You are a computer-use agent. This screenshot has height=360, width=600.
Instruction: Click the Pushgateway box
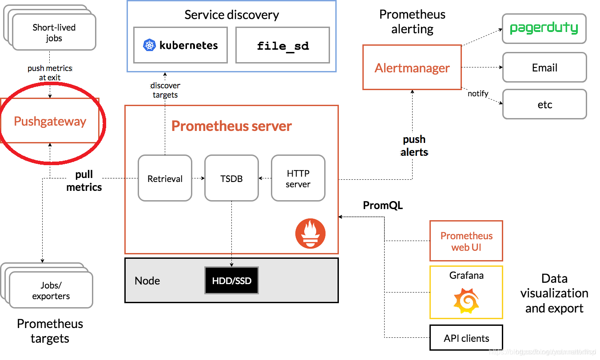coord(50,121)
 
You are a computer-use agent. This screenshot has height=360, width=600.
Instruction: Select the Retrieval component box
coord(165,178)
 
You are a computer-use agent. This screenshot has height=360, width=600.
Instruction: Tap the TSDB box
coord(231,178)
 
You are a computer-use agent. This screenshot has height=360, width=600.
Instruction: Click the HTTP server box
coord(298,178)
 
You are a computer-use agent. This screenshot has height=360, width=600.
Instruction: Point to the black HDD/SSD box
coord(231,281)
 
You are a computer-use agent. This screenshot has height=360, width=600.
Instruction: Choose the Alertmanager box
coord(412,67)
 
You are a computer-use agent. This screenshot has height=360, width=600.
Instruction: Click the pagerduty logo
coord(544,28)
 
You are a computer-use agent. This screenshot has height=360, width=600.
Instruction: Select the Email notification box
coord(544,67)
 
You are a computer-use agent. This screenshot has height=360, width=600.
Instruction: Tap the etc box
coord(544,105)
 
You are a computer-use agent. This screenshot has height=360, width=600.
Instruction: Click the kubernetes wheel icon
coord(149,45)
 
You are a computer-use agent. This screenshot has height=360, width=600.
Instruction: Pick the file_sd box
coord(282,45)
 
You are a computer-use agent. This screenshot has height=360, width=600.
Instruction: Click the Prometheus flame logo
coord(310,233)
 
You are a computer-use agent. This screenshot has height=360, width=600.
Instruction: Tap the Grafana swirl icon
coord(466,300)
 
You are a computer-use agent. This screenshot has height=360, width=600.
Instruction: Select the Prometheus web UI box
coord(466,241)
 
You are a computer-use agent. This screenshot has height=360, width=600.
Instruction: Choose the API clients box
coord(466,338)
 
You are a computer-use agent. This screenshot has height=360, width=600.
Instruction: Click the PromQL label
coord(383,206)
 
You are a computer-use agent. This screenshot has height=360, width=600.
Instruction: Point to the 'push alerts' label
coord(414,146)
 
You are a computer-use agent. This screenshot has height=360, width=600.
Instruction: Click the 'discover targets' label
coord(165,90)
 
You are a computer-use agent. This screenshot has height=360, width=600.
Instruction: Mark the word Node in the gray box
coord(147,281)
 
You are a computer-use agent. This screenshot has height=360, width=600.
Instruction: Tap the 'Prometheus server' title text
coord(231,126)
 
